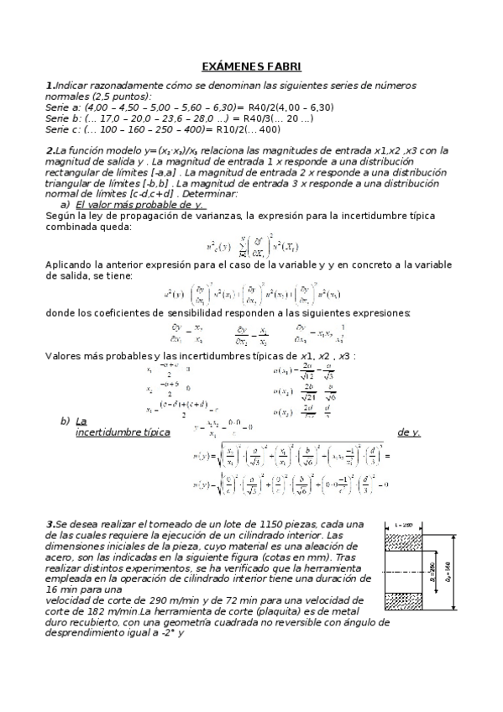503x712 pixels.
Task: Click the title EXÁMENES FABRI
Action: (x=251, y=66)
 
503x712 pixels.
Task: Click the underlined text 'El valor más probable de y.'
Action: (x=139, y=204)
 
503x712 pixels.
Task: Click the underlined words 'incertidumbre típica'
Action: (x=123, y=432)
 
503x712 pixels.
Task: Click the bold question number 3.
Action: (x=49, y=525)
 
